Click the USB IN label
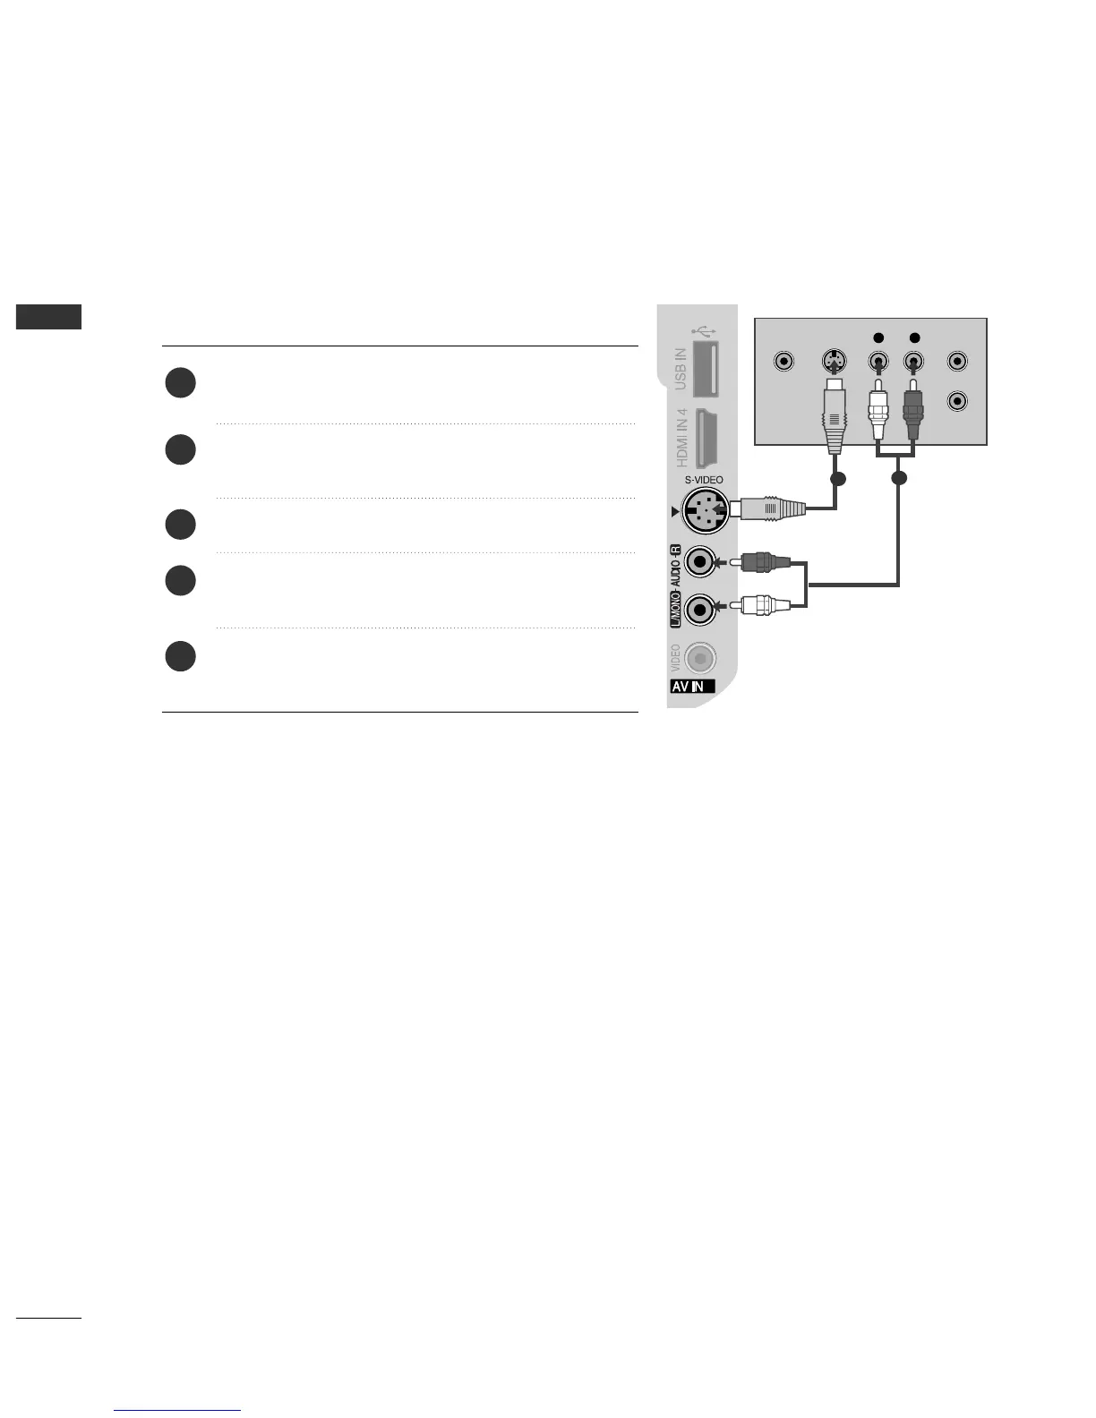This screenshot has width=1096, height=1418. (x=681, y=369)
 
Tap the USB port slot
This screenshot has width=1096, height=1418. (x=709, y=369)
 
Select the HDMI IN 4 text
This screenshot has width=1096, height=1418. (x=681, y=438)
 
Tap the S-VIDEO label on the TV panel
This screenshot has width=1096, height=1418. (x=704, y=480)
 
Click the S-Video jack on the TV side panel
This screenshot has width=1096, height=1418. (x=705, y=512)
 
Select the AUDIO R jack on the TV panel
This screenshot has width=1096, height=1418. (x=700, y=562)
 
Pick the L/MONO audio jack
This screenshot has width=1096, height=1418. (x=700, y=610)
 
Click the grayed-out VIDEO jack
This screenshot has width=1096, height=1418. (x=701, y=659)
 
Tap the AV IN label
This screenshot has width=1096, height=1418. (x=690, y=688)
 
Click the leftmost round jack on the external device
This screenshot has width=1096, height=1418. (x=784, y=363)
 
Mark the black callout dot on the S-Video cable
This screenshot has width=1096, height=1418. (x=837, y=479)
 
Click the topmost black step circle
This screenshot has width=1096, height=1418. (x=180, y=383)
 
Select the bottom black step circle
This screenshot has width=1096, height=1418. (x=180, y=656)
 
